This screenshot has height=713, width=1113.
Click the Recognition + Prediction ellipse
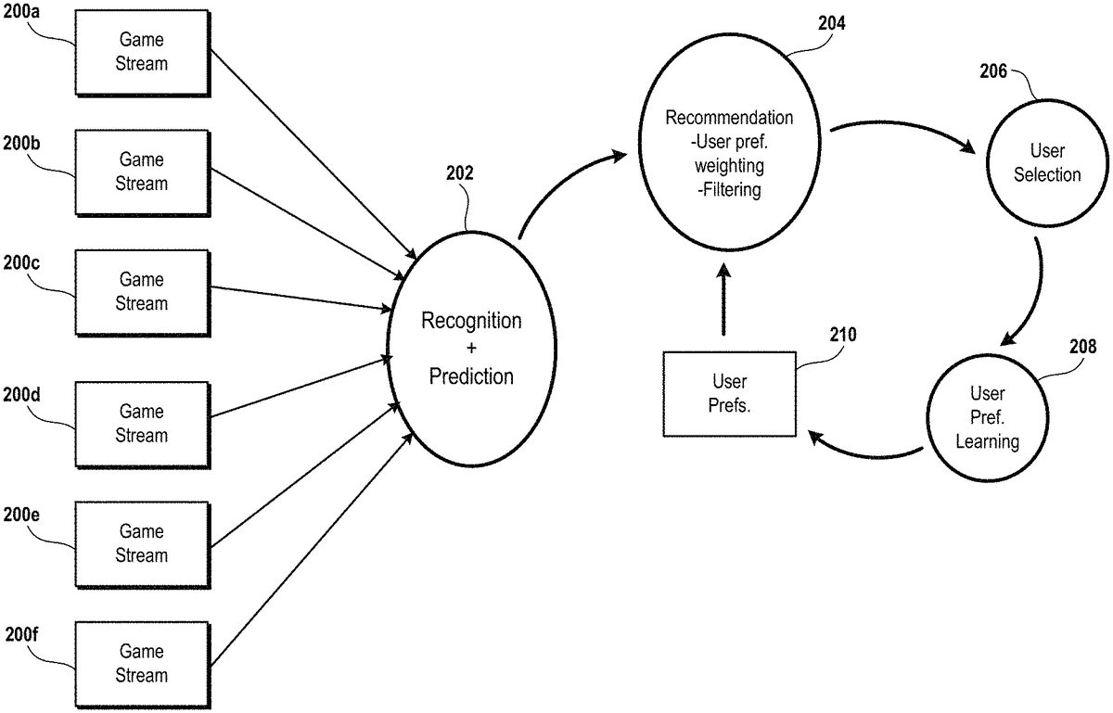click(471, 349)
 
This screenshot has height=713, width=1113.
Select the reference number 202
click(459, 172)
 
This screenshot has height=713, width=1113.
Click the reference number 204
click(832, 24)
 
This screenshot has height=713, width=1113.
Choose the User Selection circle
click(1046, 163)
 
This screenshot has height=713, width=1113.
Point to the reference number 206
click(993, 71)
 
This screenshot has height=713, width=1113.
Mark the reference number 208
click(1081, 347)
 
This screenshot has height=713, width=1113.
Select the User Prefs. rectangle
click(730, 394)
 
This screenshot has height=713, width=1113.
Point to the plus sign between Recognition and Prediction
click(471, 350)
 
